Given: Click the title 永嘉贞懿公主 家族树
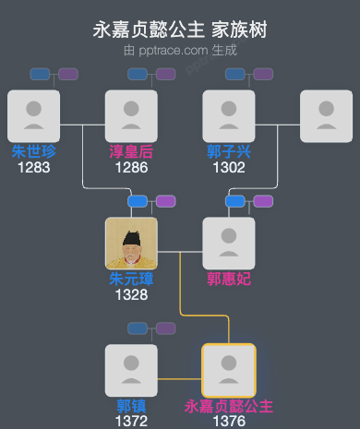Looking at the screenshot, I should coord(180,30).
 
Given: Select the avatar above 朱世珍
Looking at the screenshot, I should coord(33,115).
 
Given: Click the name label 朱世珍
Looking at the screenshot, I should coord(33,151).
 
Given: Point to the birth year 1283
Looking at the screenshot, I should coord(33,167).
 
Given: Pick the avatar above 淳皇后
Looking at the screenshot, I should coord(131,115).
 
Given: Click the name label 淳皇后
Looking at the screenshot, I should coord(131,151).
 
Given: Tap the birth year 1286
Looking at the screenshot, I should coord(131,167).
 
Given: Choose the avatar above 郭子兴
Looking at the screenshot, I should coord(229,115).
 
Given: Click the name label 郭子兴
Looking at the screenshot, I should coord(229,151).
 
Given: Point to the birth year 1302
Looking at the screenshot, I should coord(229,167).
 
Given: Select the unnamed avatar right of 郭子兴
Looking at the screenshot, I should coord(327,115).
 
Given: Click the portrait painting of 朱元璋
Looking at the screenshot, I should coord(131,243).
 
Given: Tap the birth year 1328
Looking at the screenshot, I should coord(131,294).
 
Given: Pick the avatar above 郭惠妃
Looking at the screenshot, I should coord(229,243).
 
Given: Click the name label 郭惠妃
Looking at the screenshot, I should coord(229,279).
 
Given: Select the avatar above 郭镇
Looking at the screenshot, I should coord(131,370).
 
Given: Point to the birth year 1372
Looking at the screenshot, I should coord(131,421).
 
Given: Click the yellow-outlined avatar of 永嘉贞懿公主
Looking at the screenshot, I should coord(229,370).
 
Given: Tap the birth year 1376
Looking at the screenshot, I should coord(229,421).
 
